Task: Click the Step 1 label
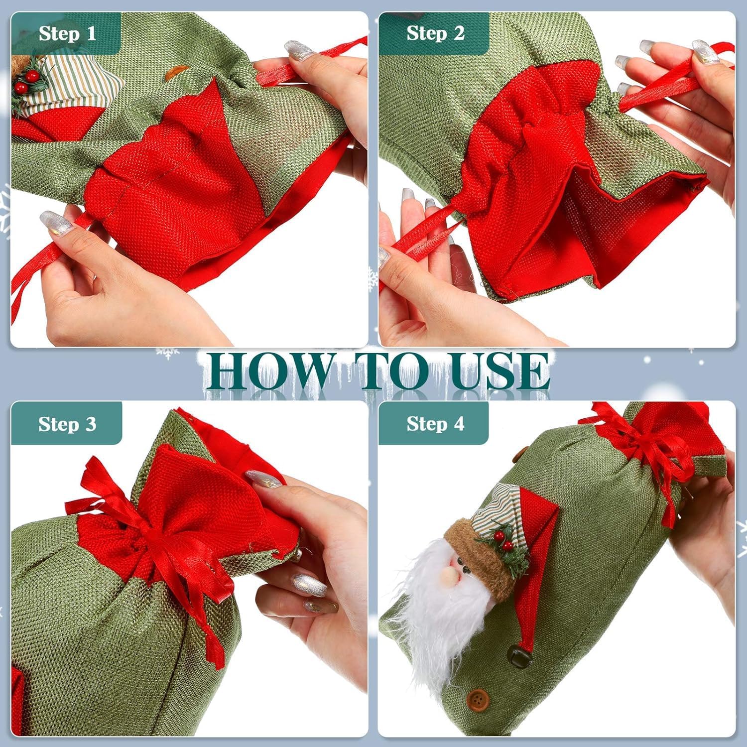click(x=67, y=34)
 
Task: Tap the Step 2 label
click(x=435, y=33)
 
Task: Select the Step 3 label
click(x=67, y=424)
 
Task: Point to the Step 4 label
click(x=435, y=424)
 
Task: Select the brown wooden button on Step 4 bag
click(x=479, y=697)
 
